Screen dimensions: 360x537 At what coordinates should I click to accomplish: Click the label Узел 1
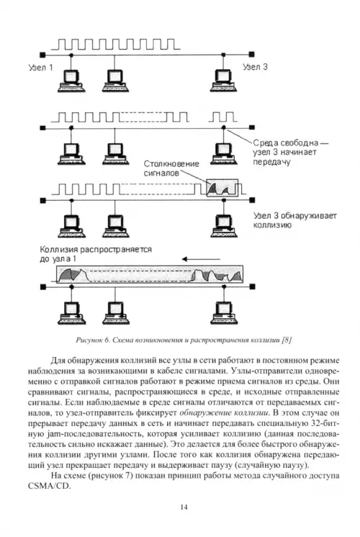coord(41,68)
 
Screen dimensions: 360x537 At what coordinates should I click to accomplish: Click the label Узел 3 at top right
coord(255,67)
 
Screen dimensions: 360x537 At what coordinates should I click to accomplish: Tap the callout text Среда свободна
coord(286,143)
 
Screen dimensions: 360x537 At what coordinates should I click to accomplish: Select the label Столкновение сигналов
coord(171,168)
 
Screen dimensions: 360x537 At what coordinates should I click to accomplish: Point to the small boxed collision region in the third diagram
coord(222,188)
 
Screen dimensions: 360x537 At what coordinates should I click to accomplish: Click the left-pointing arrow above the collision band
coord(201,259)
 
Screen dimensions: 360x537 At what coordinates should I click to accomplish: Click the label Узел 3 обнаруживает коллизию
coord(295,220)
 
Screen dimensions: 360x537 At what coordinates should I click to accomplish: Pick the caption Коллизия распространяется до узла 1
coord(96,254)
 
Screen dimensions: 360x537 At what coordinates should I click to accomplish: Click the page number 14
coord(184,507)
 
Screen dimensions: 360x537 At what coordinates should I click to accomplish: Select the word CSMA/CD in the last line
coord(50,487)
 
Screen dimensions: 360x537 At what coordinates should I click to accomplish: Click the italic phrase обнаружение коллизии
coord(224,412)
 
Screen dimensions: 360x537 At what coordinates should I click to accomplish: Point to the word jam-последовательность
coord(94,434)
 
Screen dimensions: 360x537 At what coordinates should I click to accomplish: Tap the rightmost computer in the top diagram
coord(224,81)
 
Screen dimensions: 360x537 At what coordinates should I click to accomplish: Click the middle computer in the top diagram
coord(116,81)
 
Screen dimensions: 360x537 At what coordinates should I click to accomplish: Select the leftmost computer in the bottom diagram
coord(71,313)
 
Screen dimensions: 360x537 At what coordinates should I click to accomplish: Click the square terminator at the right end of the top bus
coord(252,54)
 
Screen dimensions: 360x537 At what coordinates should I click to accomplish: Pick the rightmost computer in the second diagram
coord(224,154)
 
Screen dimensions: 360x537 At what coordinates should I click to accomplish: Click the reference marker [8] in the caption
coord(287,340)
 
